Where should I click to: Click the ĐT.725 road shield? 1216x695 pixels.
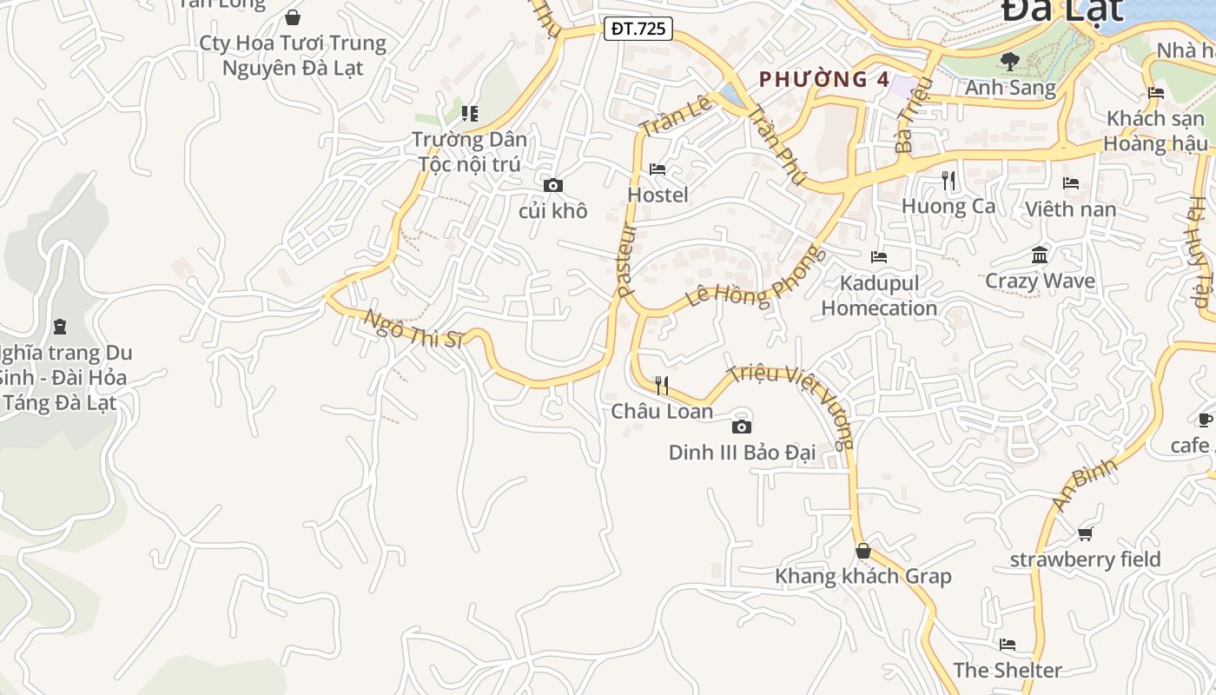[638, 29]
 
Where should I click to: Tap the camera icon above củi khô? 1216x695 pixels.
[552, 185]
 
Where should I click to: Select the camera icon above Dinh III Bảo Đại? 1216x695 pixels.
[741, 426]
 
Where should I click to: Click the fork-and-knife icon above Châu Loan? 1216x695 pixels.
[662, 385]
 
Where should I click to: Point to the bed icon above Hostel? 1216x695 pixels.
[658, 169]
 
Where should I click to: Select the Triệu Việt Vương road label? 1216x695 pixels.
[790, 405]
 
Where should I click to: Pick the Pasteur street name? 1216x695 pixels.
[626, 261]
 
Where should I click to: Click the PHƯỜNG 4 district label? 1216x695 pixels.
[824, 80]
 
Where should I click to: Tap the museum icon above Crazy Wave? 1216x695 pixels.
[1040, 255]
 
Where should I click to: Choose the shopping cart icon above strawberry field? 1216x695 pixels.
[1085, 533]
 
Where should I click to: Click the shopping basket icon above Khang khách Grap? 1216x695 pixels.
[862, 551]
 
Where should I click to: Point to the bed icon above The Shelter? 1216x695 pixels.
[1008, 644]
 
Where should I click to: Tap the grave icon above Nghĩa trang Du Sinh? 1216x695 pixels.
[59, 327]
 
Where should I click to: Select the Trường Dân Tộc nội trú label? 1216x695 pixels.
[469, 151]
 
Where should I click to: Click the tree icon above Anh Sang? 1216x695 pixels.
[1009, 61]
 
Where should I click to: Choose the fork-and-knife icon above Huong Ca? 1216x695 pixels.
[948, 181]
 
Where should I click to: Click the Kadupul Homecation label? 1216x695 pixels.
[879, 295]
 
